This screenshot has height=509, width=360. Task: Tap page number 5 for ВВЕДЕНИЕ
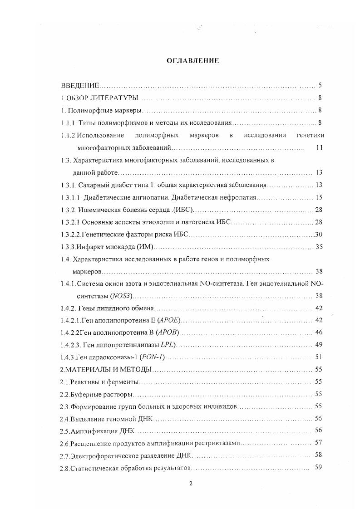[320, 85]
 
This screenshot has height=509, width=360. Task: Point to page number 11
[319, 147]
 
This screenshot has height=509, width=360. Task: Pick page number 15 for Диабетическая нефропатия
[319, 197]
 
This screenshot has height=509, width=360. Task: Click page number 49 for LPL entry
[318, 345]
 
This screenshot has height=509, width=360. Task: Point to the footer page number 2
[191, 483]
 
